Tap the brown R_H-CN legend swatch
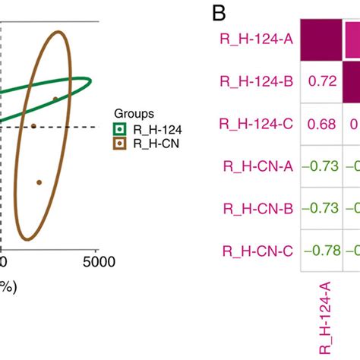coord(119,142)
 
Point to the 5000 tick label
coord(96,263)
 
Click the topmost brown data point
coord(55,99)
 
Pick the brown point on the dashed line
coord(33,126)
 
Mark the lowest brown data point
coord(39,182)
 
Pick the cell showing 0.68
coord(322,123)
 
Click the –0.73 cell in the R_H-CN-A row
coord(322,166)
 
